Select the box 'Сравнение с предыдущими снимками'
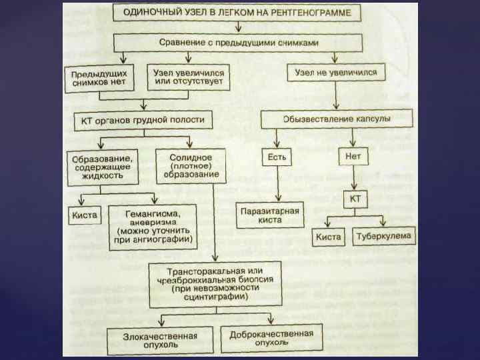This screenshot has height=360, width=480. tap(238, 43)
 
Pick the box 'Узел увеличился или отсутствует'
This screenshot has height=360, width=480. tap(189, 77)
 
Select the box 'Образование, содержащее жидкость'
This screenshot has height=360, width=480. tap(103, 167)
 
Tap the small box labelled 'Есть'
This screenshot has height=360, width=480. tap(277, 157)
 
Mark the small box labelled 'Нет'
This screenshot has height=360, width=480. tap(353, 157)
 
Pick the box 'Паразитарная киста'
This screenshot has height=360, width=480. tap(269, 215)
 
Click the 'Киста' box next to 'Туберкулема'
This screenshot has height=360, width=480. tap(328, 237)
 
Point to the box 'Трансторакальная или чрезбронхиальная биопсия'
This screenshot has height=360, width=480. tap(215, 283)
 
